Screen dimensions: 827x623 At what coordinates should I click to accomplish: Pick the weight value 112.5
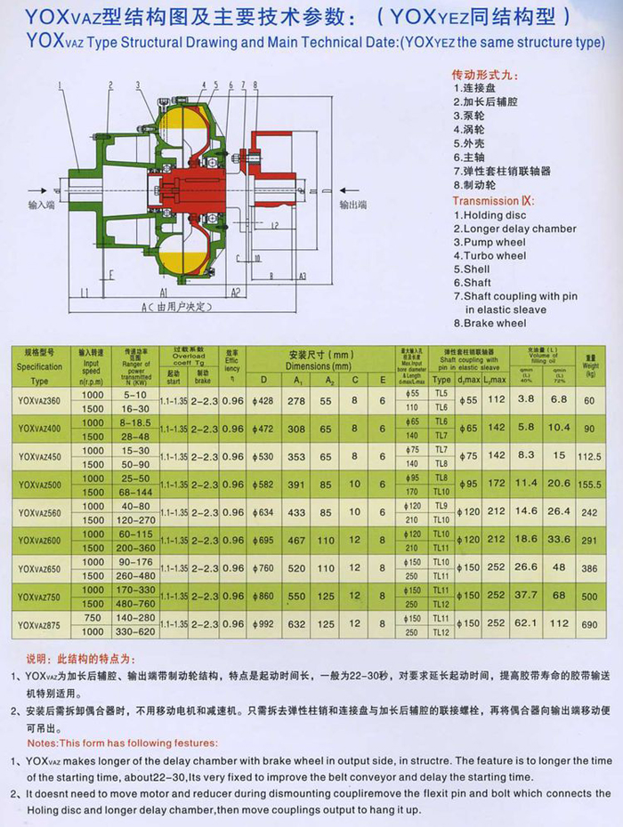point(588,457)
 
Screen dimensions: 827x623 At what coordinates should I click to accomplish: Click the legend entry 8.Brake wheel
point(489,323)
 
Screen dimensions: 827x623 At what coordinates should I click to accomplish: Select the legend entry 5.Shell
point(472,269)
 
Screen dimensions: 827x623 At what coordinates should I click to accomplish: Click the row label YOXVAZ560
point(39,513)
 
